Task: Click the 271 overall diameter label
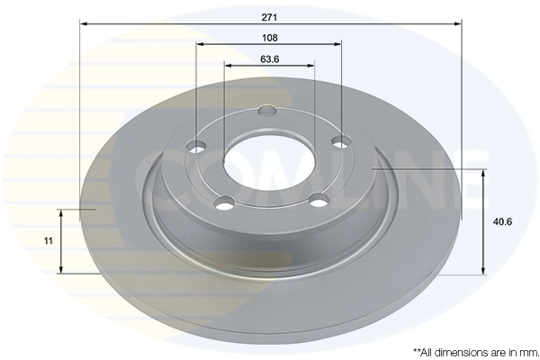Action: pyautogui.click(x=269, y=15)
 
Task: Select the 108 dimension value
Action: pyautogui.click(x=269, y=38)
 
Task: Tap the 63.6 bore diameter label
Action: pyautogui.click(x=269, y=59)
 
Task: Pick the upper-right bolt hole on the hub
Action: pyautogui.click(x=340, y=140)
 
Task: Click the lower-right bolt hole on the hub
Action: pyautogui.click(x=316, y=199)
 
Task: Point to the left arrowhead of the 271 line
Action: pyautogui.click(x=84, y=24)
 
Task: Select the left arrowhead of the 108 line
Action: pyautogui.click(x=201, y=43)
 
